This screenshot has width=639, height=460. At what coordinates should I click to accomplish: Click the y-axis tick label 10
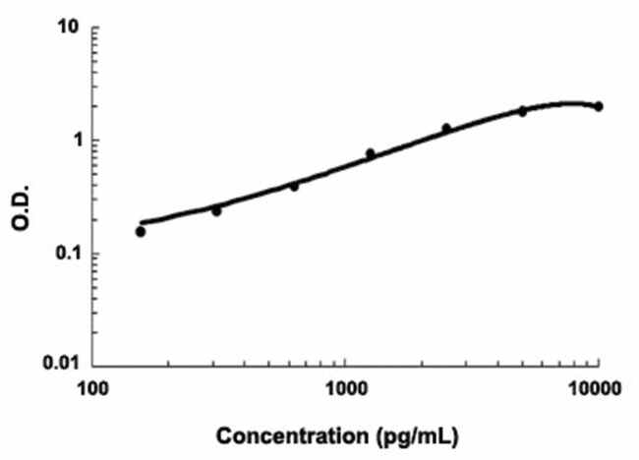65,29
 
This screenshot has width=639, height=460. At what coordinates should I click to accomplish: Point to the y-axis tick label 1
70,141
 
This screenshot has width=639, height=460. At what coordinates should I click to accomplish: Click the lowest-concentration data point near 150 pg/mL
141,232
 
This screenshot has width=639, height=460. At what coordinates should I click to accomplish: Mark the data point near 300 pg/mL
216,210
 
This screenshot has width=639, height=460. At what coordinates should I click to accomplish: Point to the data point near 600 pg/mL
294,185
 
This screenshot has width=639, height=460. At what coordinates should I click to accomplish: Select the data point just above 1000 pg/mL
370,153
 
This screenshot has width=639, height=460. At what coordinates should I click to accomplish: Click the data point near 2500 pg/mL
446,129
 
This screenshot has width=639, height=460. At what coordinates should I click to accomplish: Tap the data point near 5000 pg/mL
522,111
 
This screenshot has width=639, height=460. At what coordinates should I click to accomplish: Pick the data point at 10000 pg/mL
599,106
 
